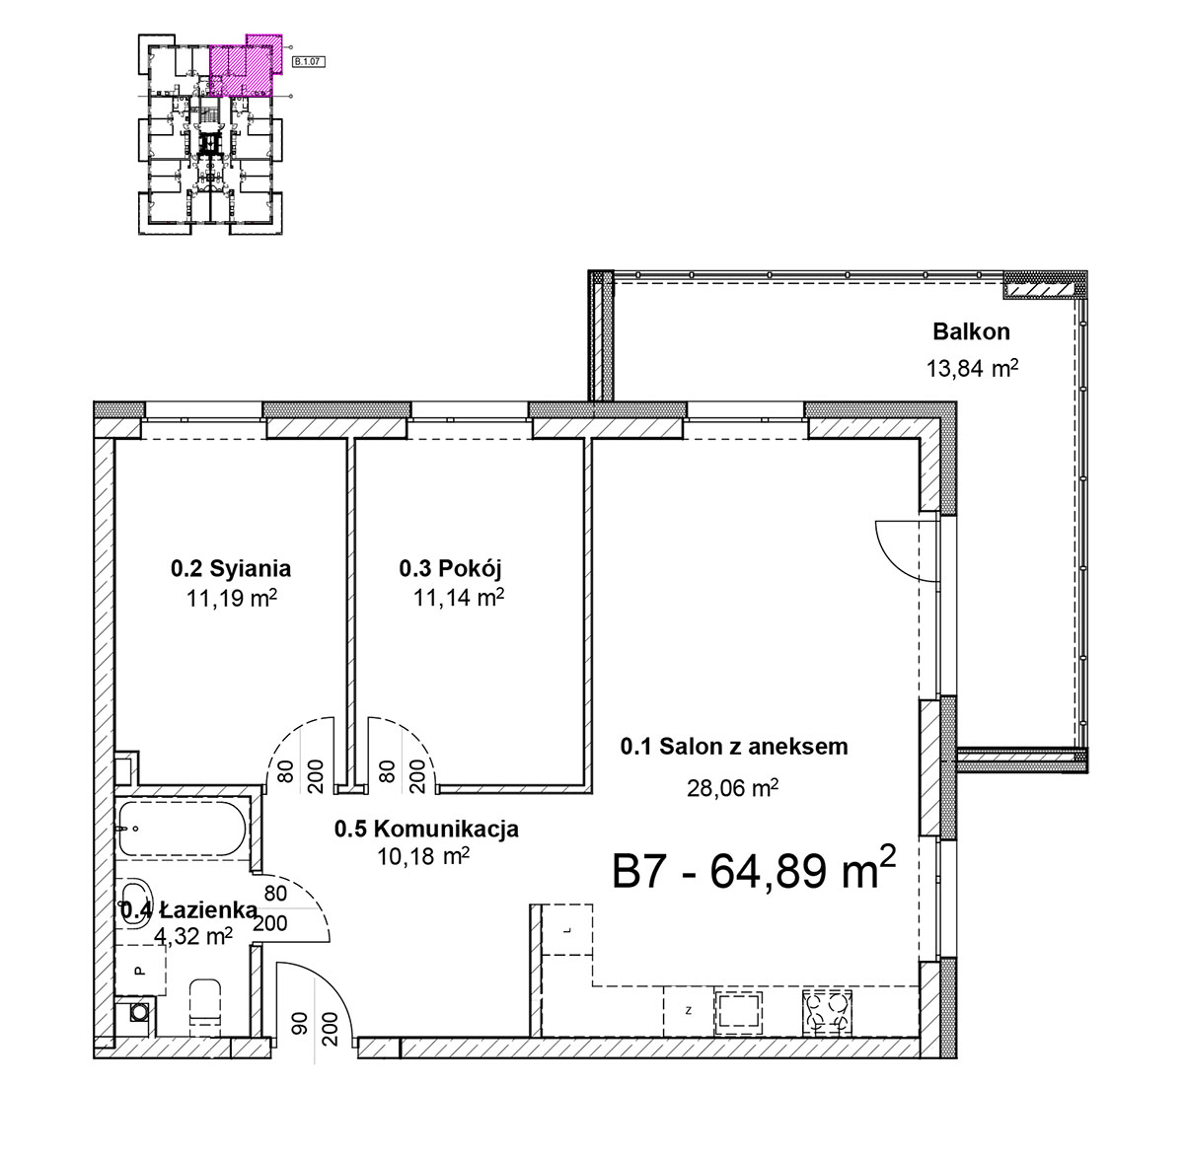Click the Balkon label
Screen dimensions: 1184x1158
(x=971, y=332)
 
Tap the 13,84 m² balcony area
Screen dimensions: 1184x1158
(x=972, y=368)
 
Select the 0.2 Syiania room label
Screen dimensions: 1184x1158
(x=231, y=569)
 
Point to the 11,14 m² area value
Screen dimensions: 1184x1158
(x=459, y=598)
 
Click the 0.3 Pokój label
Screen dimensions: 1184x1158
(x=450, y=569)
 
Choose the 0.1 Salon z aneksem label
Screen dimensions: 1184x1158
(x=734, y=747)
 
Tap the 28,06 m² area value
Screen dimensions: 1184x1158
(x=732, y=788)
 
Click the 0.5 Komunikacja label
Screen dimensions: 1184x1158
(x=426, y=829)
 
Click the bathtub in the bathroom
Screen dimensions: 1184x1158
(x=183, y=829)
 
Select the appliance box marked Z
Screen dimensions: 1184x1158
(x=688, y=1011)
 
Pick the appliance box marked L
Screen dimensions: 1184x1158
(x=567, y=929)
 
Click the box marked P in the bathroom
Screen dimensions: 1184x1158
(x=140, y=970)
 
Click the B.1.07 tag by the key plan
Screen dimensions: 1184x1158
(x=309, y=61)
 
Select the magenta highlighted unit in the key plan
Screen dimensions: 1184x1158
(x=246, y=66)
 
